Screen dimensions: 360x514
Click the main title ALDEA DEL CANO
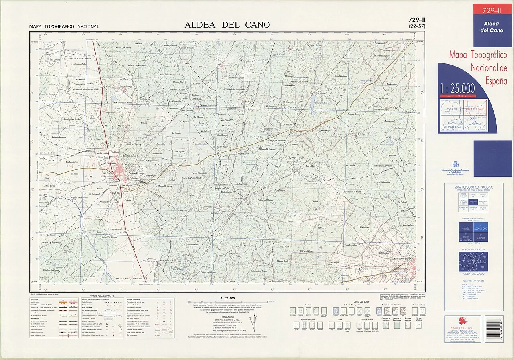pyautogui.click(x=227, y=25)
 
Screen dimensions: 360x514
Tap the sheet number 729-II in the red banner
pyautogui.click(x=492, y=11)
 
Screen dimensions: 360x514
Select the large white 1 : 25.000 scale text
pyautogui.click(x=457, y=88)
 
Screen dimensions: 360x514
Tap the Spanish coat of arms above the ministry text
pyautogui.click(x=455, y=164)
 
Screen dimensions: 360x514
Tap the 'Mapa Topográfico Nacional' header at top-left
pyautogui.click(x=64, y=27)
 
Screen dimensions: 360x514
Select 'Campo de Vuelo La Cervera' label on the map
pyautogui.click(x=80, y=59)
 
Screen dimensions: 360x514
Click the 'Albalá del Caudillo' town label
pyautogui.click(x=403, y=258)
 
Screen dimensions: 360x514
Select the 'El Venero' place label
pyautogui.click(x=322, y=228)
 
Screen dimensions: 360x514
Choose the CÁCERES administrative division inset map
pyautogui.click(x=473, y=262)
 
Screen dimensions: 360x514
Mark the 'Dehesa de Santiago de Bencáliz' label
pyautogui.click(x=129, y=279)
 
